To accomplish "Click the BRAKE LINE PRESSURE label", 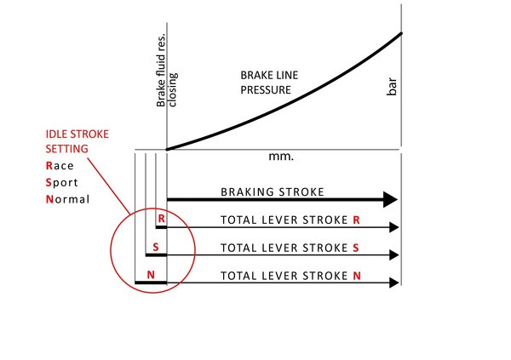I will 266,83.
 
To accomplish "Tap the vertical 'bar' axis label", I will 393,87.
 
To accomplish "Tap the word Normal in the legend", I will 68,200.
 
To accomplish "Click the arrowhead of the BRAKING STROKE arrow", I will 391,200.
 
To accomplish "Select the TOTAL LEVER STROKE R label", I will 290,220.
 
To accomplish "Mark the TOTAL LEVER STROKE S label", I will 290,248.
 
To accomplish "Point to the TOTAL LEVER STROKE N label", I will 290,276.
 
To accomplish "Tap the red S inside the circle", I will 155,248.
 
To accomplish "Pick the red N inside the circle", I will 151,275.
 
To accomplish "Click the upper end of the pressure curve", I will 400,34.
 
